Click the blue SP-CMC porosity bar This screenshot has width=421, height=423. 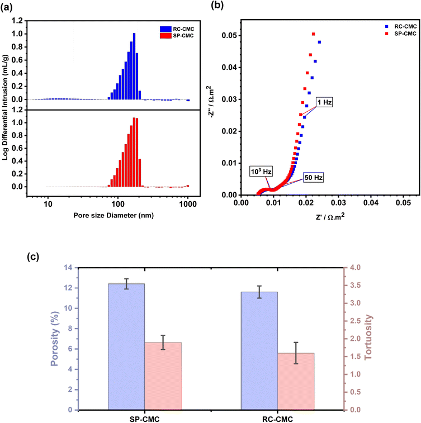[126, 346]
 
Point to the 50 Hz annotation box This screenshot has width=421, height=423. [313, 177]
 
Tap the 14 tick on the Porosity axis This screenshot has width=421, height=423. [69, 268]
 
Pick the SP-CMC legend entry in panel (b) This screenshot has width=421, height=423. [386, 34]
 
